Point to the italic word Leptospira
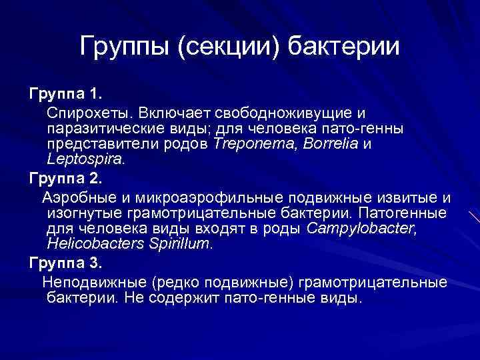pyautogui.click(x=86, y=159)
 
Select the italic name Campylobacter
pyautogui.click(x=357, y=229)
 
